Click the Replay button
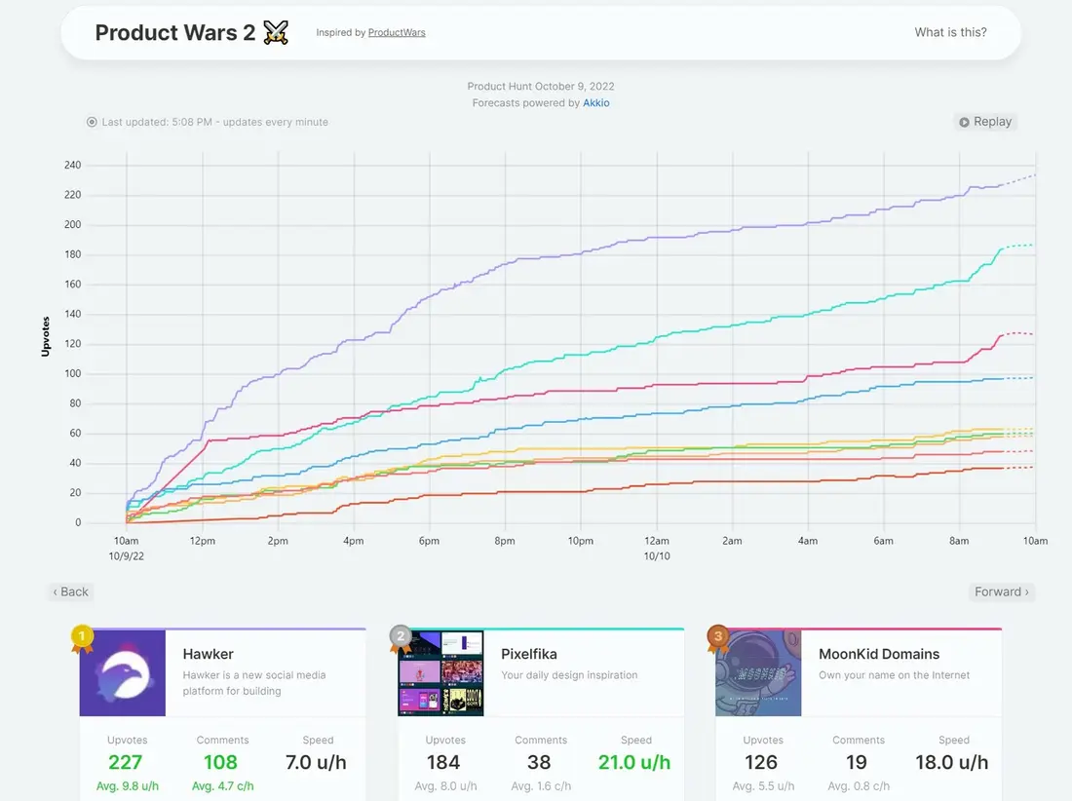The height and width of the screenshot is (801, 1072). (985, 122)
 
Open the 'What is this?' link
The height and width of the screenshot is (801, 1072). (950, 32)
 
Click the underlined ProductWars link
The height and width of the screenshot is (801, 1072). (397, 32)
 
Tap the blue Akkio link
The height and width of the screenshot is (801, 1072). (596, 102)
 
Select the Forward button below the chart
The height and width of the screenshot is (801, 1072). (1002, 591)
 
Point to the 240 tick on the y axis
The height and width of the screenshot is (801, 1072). (72, 165)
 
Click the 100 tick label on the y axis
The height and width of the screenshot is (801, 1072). (72, 373)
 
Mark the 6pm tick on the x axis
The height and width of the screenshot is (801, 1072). (430, 541)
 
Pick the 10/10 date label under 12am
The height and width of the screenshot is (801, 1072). (656, 556)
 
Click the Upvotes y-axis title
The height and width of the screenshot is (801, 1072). (46, 336)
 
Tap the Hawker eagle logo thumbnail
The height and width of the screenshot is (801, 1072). (123, 673)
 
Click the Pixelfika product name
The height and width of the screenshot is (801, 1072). (528, 654)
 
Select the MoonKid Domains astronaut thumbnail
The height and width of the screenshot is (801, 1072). (758, 673)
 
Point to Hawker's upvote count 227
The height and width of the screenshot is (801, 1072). (125, 762)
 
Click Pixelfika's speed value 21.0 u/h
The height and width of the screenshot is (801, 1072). (634, 762)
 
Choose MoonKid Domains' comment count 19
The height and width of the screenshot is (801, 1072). (857, 762)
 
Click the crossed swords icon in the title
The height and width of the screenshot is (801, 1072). (276, 32)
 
